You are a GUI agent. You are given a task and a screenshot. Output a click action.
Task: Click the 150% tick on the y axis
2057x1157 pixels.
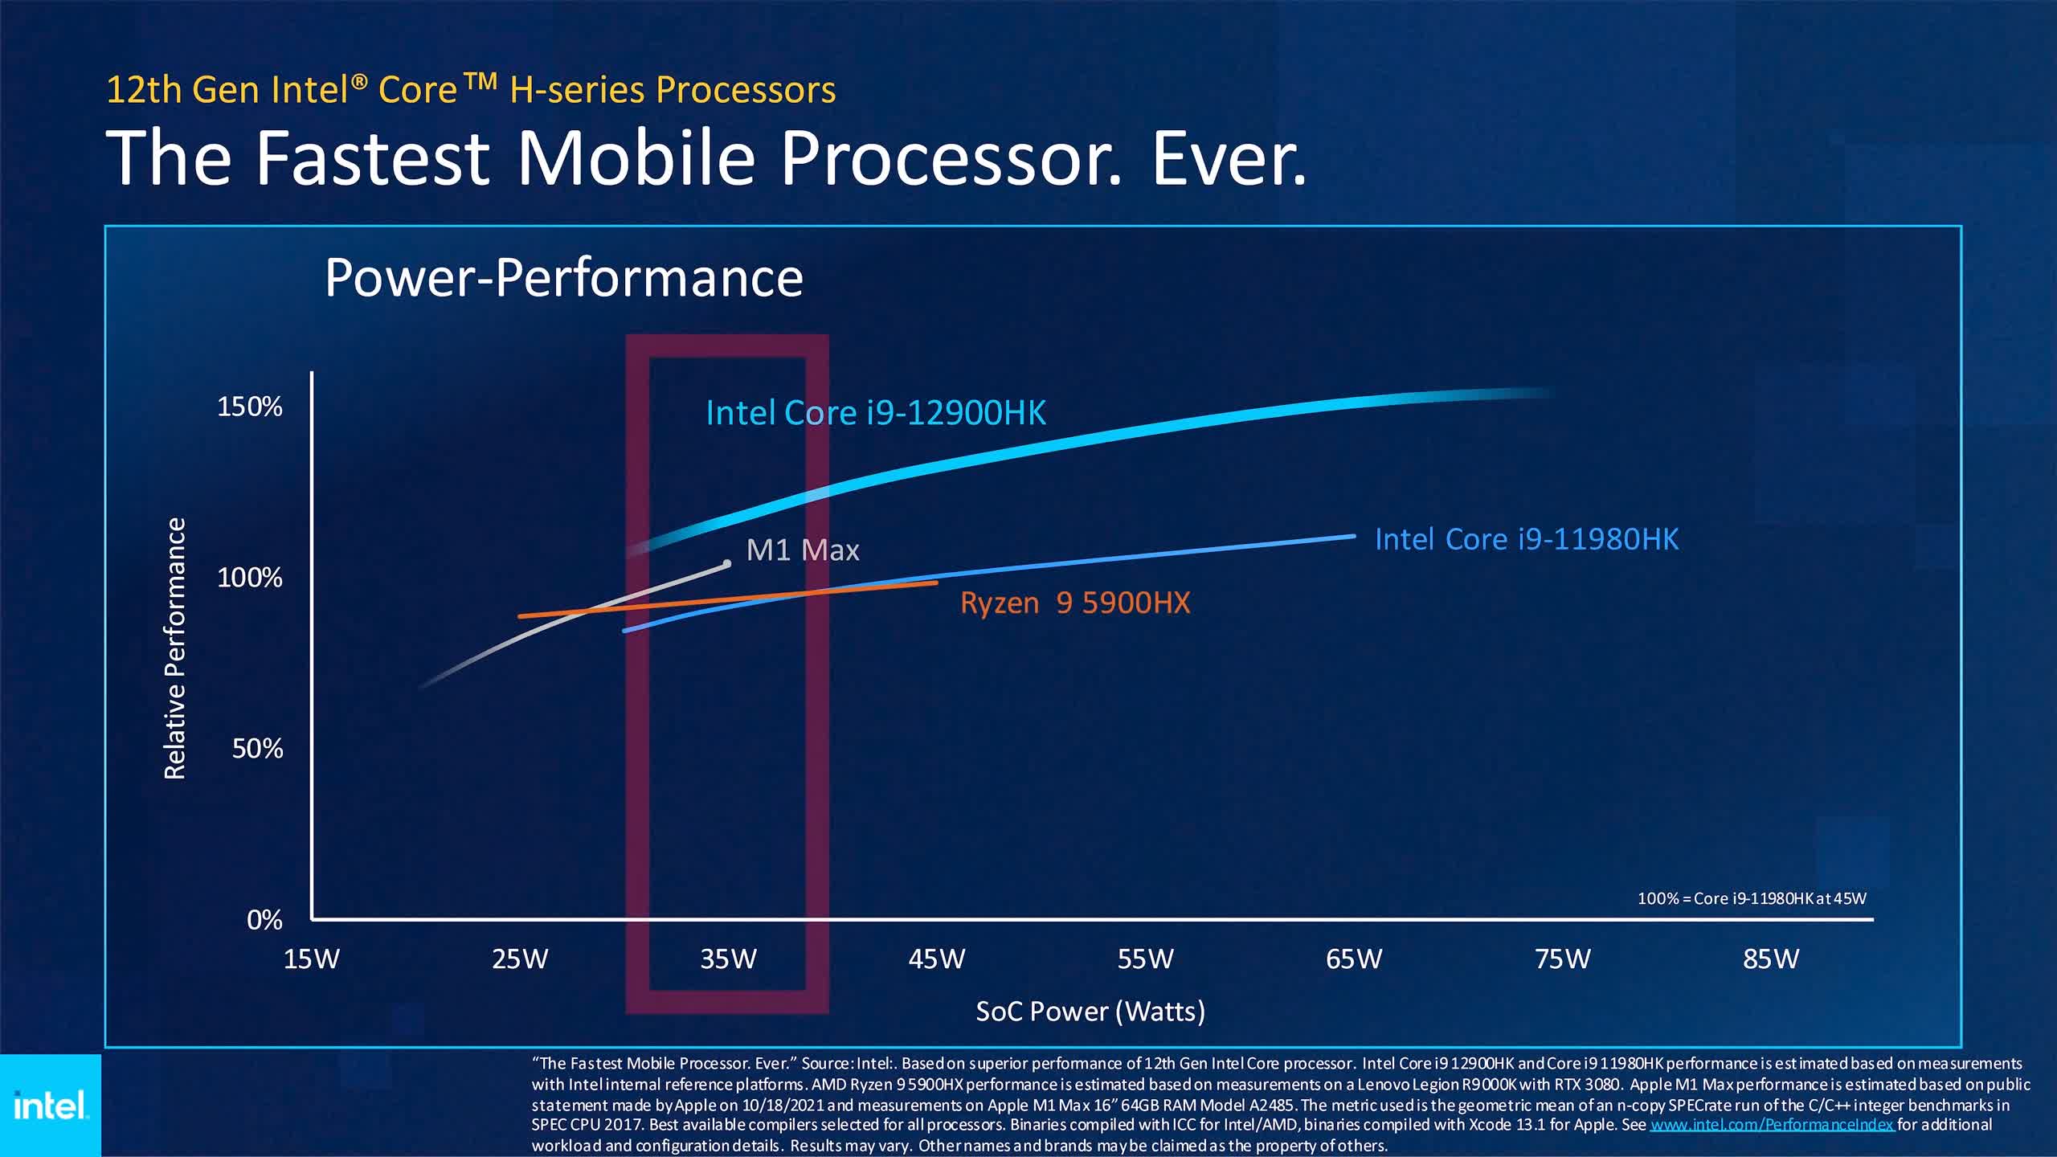[x=250, y=407]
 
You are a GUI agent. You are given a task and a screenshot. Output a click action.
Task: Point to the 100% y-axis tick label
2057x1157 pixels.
[x=250, y=578]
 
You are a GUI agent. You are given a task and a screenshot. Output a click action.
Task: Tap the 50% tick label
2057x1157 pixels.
[x=257, y=749]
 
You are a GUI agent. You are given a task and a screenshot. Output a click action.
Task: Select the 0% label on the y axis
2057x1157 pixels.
[x=264, y=920]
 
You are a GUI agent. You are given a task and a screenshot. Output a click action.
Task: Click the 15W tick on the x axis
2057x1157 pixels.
[x=312, y=959]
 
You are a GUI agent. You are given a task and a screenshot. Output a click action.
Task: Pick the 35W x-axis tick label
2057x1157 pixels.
[x=729, y=959]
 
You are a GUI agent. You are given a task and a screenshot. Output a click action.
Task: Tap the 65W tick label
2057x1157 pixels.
[x=1354, y=959]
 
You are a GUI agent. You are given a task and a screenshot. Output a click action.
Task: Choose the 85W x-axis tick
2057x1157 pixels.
[x=1771, y=959]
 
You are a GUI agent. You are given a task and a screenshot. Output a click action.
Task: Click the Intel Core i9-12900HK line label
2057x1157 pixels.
[x=876, y=413]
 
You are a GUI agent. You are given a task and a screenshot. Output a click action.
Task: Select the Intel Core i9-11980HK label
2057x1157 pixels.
[x=1527, y=539]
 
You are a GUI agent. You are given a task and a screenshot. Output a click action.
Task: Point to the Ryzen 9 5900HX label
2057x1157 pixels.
[x=1075, y=603]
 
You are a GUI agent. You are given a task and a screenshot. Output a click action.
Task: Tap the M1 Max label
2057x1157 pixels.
[x=803, y=550]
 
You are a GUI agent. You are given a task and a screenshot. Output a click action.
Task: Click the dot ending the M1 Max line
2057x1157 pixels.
[x=727, y=564]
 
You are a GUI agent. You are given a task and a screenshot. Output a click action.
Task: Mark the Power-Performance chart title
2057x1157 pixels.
[x=564, y=278]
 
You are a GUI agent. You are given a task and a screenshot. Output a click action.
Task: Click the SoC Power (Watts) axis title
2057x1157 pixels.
[x=1090, y=1011]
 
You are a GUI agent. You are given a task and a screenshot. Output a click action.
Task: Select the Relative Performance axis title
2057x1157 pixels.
[x=175, y=648]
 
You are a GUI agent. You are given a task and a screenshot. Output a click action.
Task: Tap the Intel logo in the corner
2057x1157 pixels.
[x=50, y=1106]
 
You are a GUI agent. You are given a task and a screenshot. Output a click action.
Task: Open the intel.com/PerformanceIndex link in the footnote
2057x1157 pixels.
[x=1772, y=1125]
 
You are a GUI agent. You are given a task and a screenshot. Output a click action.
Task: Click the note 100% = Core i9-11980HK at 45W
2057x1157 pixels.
[x=1752, y=898]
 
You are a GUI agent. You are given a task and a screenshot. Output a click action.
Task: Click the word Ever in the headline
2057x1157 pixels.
[x=1228, y=157]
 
